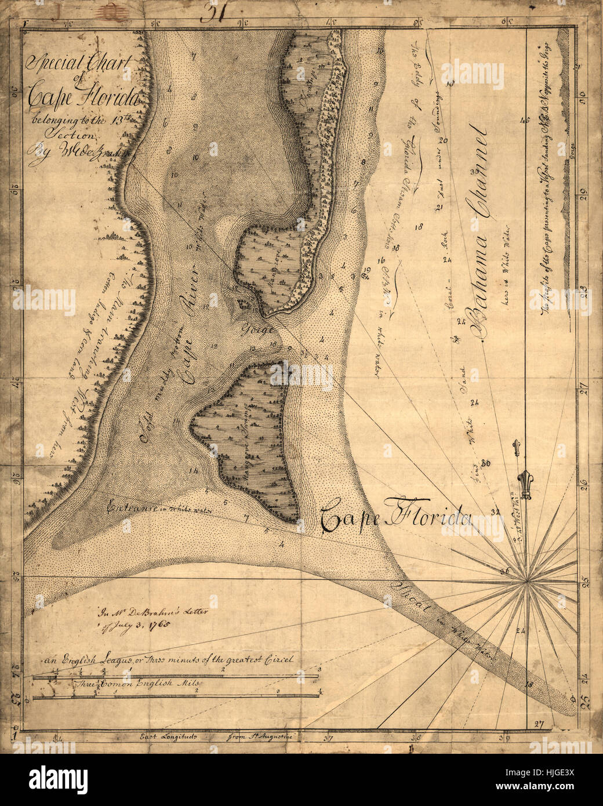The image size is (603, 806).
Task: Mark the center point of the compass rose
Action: (x=526, y=579)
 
